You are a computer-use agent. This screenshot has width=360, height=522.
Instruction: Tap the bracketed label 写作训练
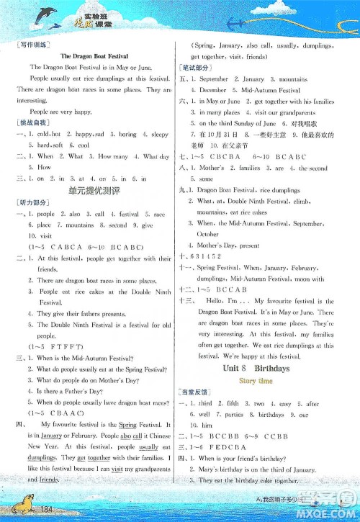click(x=32, y=45)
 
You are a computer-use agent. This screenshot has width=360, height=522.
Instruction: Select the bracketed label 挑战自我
click(x=32, y=124)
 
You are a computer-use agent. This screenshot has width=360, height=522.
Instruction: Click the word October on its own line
click(x=207, y=234)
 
